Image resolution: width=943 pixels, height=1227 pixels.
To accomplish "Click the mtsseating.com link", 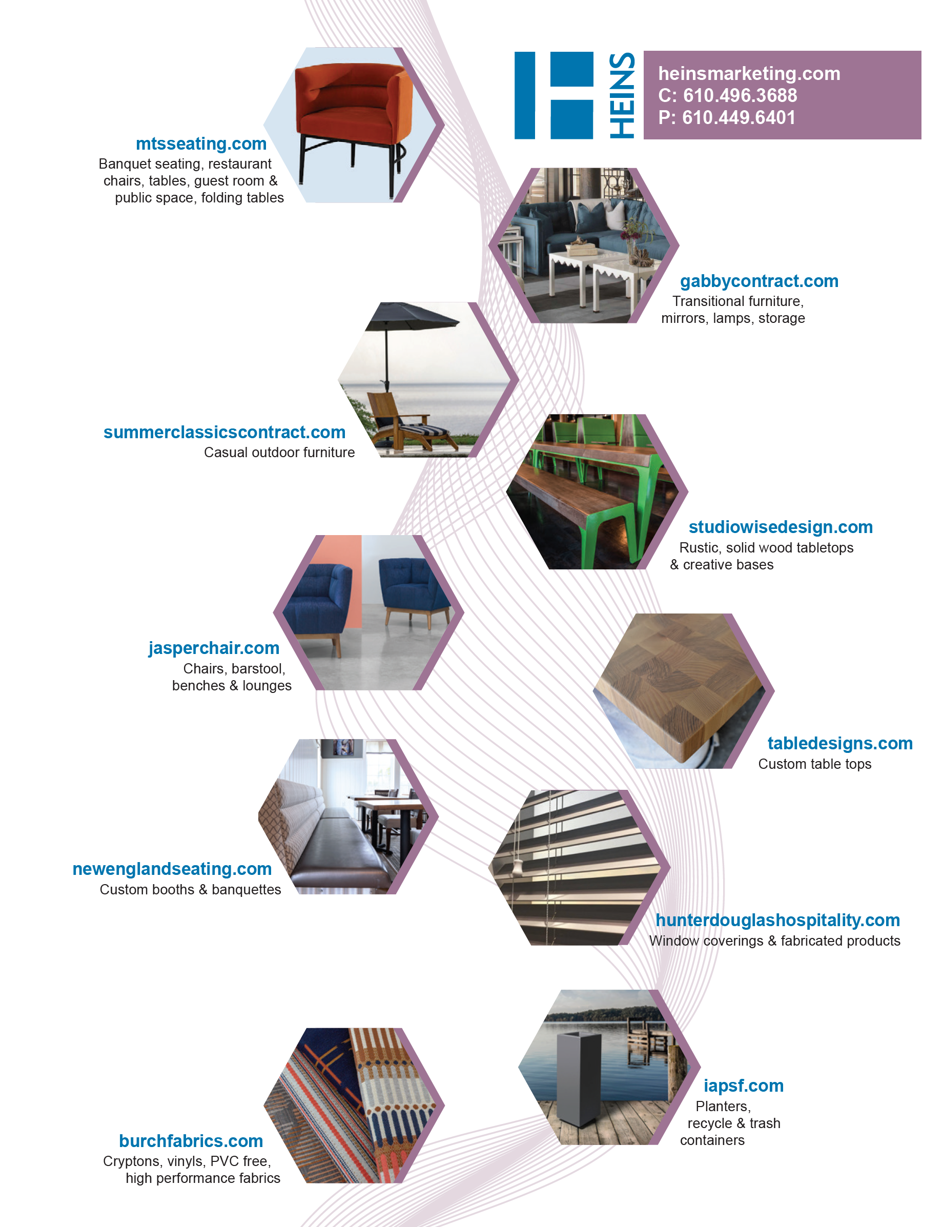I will click(x=201, y=144).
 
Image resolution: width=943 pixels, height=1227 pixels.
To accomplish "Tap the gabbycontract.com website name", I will click(x=759, y=281).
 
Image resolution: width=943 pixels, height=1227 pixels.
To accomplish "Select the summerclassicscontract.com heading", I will click(x=224, y=432).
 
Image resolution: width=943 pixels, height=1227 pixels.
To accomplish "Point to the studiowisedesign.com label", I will click(x=780, y=527).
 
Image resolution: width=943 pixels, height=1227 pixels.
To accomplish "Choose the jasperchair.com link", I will click(x=214, y=648).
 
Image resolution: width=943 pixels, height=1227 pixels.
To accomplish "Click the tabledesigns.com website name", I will click(x=839, y=743).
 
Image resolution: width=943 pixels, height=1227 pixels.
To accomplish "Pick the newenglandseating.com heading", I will click(x=172, y=869).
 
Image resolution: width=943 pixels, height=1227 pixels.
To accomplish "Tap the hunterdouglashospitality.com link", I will click(x=777, y=920).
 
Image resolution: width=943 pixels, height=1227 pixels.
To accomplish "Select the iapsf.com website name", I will click(x=743, y=1086).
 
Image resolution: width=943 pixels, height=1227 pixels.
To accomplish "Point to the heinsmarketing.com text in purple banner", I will click(x=749, y=73).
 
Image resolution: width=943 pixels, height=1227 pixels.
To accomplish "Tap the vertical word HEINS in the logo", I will click(x=622, y=95).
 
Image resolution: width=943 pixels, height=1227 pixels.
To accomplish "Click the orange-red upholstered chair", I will click(x=354, y=112).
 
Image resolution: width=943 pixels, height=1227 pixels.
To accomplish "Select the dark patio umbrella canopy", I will click(x=412, y=317).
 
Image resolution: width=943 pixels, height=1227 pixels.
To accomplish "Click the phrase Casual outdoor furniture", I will click(x=279, y=453).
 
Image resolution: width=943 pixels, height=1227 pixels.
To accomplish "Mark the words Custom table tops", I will click(x=814, y=764).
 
